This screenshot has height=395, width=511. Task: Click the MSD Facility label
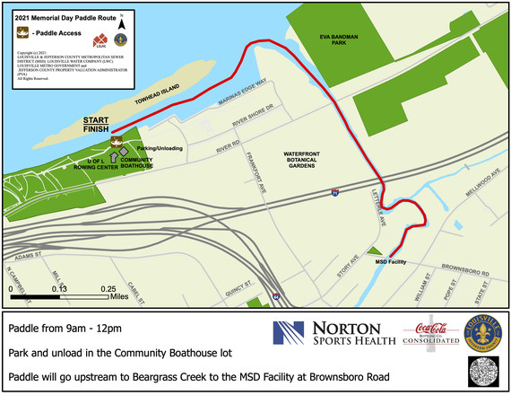click(x=392, y=261)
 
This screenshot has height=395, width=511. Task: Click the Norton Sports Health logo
click(x=333, y=334)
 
